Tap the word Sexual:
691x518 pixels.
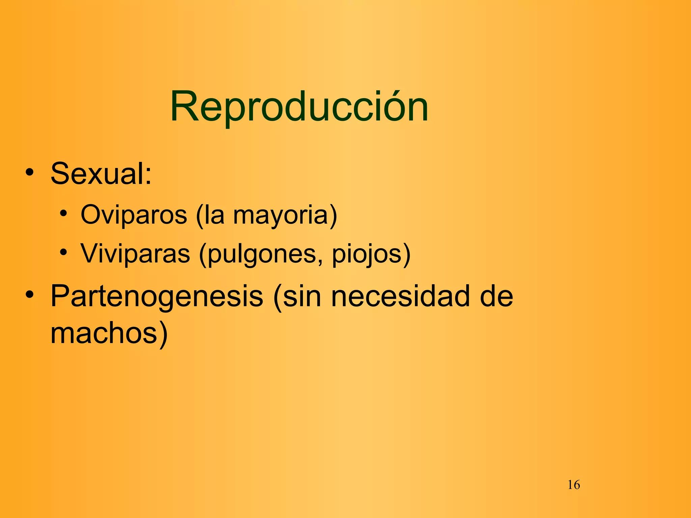[x=101, y=174]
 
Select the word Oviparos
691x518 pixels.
[x=134, y=215]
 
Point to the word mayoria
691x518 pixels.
[x=280, y=216]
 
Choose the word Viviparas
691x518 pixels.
[x=135, y=254]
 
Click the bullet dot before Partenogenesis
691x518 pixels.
[x=30, y=294]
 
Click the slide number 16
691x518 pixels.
[x=574, y=485]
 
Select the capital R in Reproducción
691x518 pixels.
[x=184, y=107]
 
